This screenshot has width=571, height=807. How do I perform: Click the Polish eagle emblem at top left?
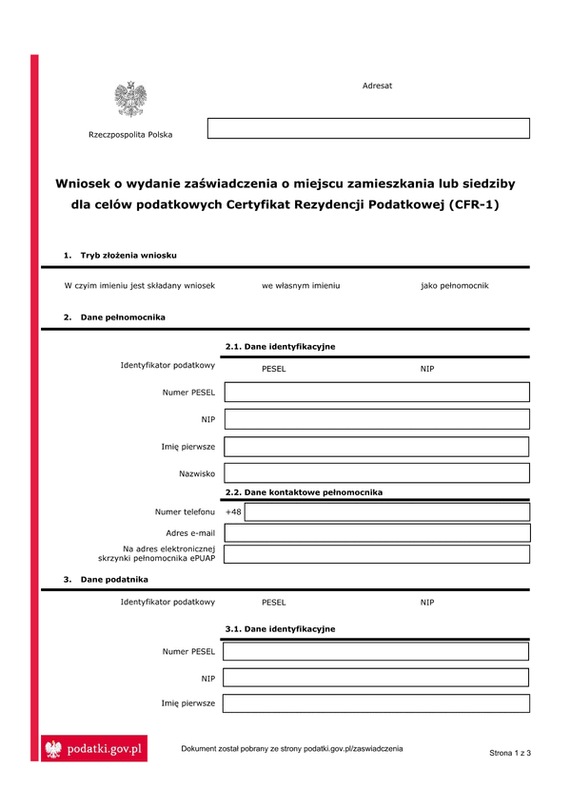130,99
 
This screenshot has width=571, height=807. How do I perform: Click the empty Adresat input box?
368,128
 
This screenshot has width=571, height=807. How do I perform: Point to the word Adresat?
377,86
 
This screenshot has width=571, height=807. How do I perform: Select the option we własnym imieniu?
301,285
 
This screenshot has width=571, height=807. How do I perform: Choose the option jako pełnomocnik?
454,285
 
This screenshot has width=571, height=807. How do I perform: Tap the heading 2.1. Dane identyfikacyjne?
280,347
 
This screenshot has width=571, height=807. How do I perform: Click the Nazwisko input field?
377,472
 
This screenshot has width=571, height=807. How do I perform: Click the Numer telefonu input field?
387,512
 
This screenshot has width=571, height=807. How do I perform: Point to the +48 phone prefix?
233,512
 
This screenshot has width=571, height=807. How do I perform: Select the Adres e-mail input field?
377,533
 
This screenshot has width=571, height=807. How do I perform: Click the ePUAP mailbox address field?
377,554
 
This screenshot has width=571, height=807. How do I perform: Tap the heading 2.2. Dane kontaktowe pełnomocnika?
304,492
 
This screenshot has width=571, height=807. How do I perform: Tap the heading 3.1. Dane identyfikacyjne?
280,629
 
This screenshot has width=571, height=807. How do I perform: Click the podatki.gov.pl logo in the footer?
94,750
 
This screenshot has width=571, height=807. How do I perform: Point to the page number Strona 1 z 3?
510,753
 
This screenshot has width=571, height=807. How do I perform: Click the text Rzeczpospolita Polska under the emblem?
130,135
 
